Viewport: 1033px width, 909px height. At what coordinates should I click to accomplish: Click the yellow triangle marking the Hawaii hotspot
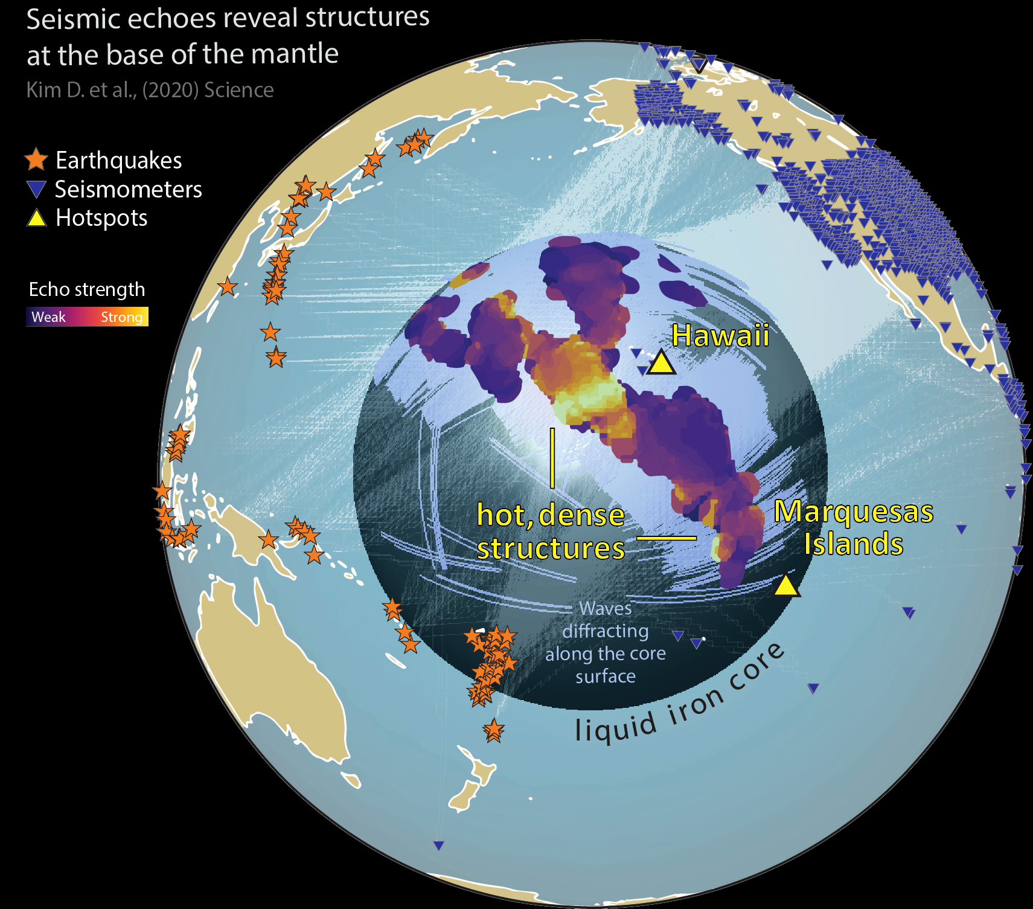click(661, 364)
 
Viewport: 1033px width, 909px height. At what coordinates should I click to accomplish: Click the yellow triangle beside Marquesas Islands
click(786, 586)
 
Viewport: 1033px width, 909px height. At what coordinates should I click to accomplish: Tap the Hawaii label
click(720, 335)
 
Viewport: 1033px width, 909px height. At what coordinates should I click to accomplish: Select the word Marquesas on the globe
click(853, 512)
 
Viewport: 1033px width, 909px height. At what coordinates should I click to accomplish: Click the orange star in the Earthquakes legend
click(36, 159)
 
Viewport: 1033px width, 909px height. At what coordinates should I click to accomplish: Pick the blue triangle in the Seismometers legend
click(37, 189)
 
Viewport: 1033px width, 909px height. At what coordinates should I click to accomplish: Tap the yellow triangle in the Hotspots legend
click(37, 217)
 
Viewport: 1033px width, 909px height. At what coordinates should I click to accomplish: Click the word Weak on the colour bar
click(48, 317)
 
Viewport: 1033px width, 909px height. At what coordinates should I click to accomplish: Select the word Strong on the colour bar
click(121, 317)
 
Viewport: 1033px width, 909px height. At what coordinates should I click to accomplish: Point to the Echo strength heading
click(87, 289)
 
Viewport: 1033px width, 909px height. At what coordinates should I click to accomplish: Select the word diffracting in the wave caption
click(606, 631)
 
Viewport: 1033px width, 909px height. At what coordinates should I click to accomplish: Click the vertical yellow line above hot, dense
click(552, 458)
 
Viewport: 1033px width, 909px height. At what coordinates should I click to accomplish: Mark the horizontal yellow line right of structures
click(667, 537)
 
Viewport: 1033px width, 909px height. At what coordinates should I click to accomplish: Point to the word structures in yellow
click(551, 548)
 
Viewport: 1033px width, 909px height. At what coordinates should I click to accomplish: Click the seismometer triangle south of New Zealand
click(439, 846)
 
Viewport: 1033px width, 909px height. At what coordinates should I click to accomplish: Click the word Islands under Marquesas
click(853, 544)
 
